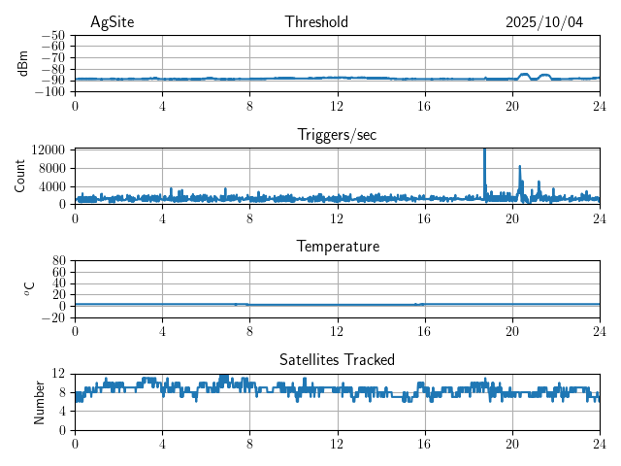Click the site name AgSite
pos(112,21)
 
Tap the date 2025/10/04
pos(544,21)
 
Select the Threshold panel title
pos(313,21)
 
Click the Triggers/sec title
pos(337,134)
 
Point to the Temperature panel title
pos(337,247)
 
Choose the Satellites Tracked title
pos(337,359)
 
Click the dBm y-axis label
pos(23,62)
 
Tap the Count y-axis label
pos(19,176)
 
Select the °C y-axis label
pos(29,288)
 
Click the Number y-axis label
pos(39,401)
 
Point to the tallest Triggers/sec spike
pos(484,150)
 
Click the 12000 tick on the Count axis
pos(49,150)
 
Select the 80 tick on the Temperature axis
pos(59,260)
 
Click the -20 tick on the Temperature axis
pos(54,317)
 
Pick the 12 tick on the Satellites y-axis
pos(59,374)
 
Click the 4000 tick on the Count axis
pos(52,185)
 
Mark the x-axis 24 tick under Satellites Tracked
pos(599,443)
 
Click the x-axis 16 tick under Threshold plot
pos(424,105)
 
